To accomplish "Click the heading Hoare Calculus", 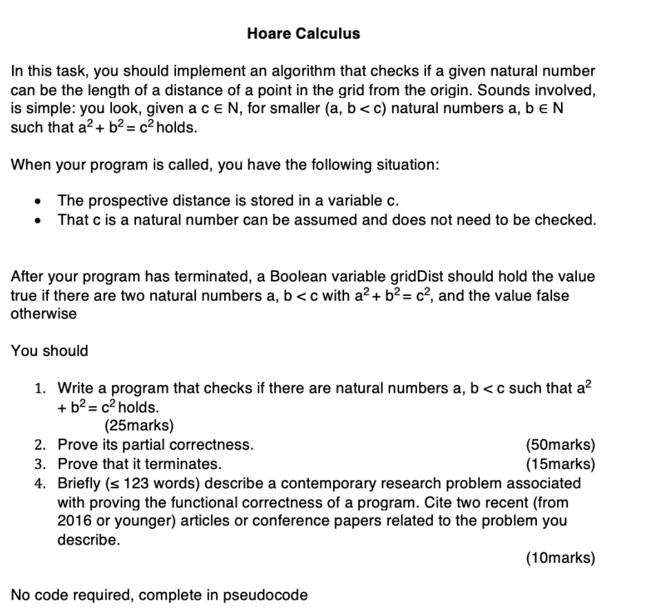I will tap(303, 34).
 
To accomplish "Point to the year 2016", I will tap(74, 521).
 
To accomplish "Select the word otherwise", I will tap(44, 314).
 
